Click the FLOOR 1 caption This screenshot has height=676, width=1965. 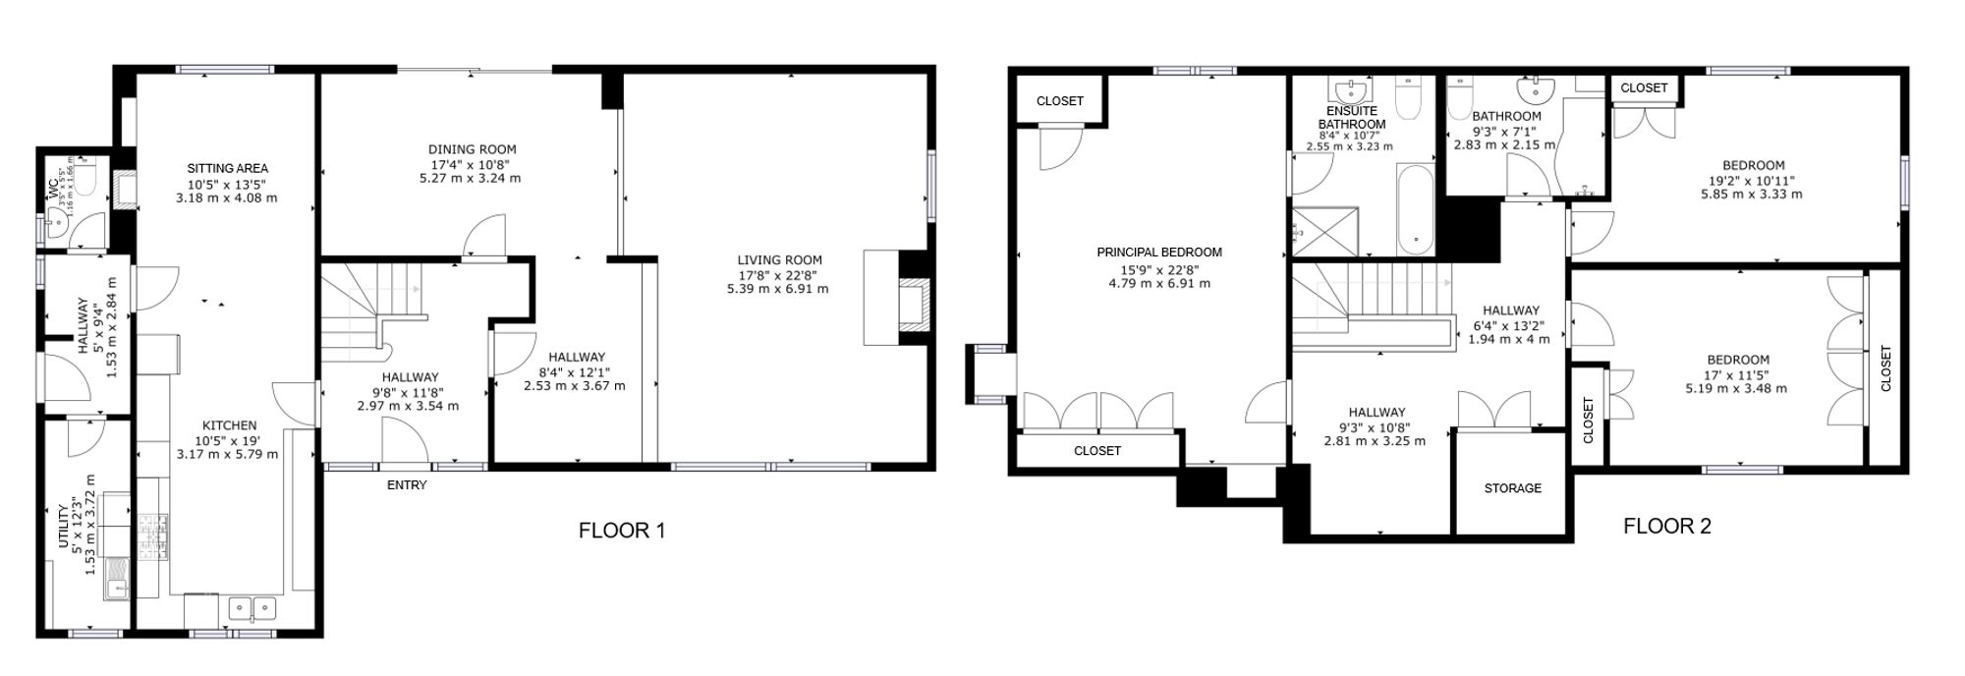[622, 531]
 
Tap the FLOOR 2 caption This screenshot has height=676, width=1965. [1667, 526]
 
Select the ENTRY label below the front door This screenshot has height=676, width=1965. [407, 485]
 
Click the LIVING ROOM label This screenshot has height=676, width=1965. [780, 260]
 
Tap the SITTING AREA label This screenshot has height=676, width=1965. [228, 168]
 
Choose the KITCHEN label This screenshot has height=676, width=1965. [229, 425]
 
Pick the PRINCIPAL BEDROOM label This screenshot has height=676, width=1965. [1159, 253]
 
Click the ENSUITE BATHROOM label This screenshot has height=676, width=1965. [1352, 118]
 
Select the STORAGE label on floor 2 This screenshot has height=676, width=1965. [1512, 488]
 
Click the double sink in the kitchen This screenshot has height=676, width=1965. [253, 609]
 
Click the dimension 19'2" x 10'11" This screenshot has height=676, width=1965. [1753, 181]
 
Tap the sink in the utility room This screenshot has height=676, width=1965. [118, 578]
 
